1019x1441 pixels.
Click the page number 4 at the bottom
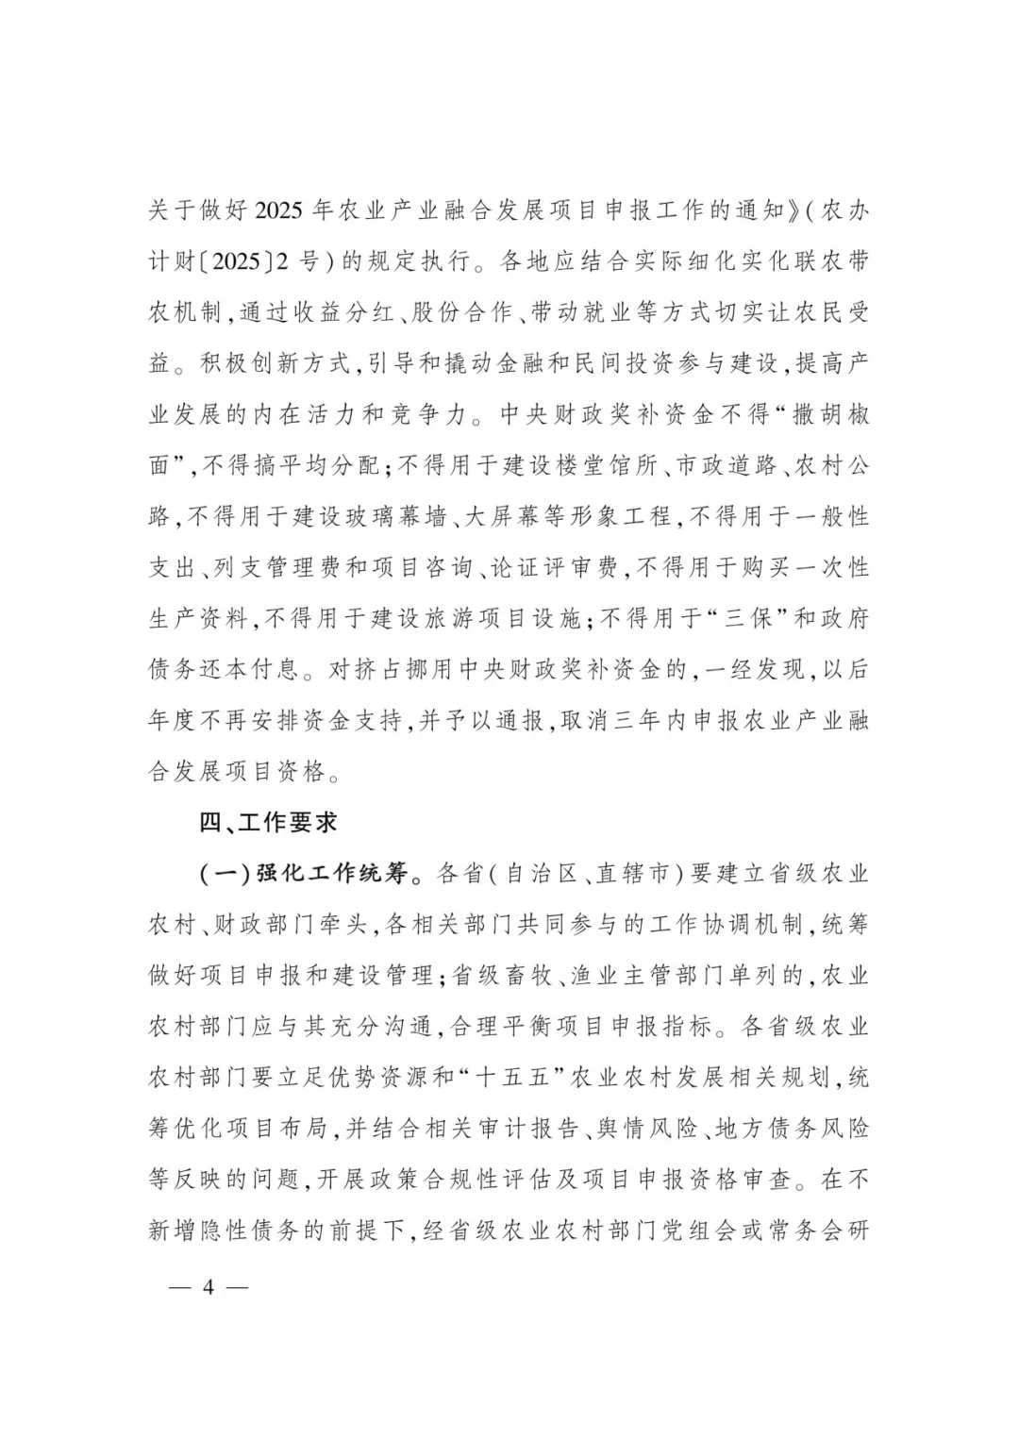209,1287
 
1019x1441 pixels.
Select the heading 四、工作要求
268,823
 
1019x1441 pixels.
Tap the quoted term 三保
746,618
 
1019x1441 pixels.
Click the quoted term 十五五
513,1078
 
